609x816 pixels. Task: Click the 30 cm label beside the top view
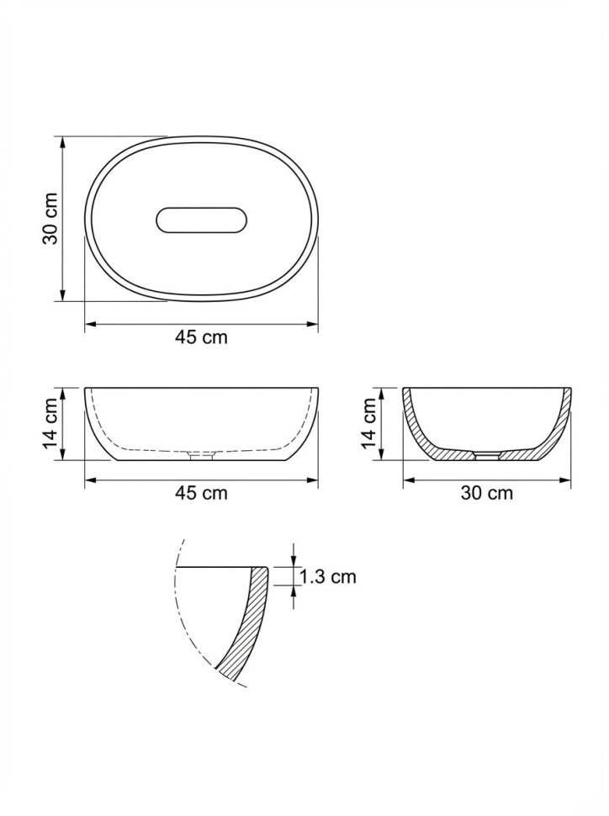[x=50, y=219]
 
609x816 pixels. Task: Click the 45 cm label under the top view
[x=201, y=337]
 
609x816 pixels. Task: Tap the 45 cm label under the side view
[x=201, y=492]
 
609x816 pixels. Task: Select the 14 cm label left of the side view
[x=50, y=424]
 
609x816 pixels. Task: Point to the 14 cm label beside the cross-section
[x=368, y=424]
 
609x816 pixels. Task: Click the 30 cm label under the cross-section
[x=487, y=492]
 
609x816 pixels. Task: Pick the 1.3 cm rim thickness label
[x=328, y=576]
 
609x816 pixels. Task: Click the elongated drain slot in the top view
[x=200, y=220]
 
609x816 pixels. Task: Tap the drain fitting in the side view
[x=201, y=457]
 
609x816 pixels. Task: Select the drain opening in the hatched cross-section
[x=487, y=456]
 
